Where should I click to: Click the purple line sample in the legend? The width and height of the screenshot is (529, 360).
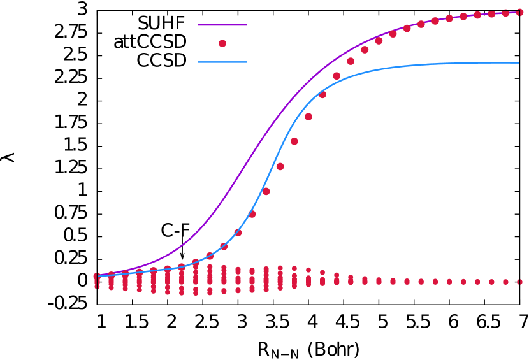click(x=222, y=25)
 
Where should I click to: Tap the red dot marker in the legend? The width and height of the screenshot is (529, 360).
click(x=222, y=43)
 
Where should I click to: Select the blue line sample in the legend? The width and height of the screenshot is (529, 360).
click(x=222, y=62)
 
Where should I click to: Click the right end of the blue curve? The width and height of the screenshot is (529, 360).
click(x=519, y=62)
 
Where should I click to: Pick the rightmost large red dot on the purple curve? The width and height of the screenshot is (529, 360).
click(x=519, y=12)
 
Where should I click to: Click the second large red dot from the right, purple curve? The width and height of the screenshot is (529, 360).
click(x=505, y=13)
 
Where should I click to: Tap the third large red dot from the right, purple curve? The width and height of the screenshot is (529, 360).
click(x=491, y=14)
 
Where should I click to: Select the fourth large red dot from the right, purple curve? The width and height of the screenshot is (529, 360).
click(x=477, y=15)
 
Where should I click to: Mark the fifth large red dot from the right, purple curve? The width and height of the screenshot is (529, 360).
click(x=463, y=17)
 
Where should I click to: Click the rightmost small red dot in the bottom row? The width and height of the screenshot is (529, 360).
click(x=519, y=282)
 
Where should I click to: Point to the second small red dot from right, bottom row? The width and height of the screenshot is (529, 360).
click(x=505, y=282)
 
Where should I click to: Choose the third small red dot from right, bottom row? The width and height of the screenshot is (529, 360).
click(x=491, y=282)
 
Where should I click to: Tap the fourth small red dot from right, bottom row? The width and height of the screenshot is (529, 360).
click(x=477, y=282)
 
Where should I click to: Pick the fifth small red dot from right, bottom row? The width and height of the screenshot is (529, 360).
click(x=463, y=282)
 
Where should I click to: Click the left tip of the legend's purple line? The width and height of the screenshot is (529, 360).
click(x=198, y=25)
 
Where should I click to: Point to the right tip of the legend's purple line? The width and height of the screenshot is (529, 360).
click(x=246, y=25)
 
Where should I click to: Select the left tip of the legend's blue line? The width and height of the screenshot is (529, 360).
click(x=198, y=62)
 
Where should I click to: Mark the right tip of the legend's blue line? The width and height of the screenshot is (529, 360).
click(x=246, y=62)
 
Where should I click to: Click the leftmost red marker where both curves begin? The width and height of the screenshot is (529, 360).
click(x=97, y=277)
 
